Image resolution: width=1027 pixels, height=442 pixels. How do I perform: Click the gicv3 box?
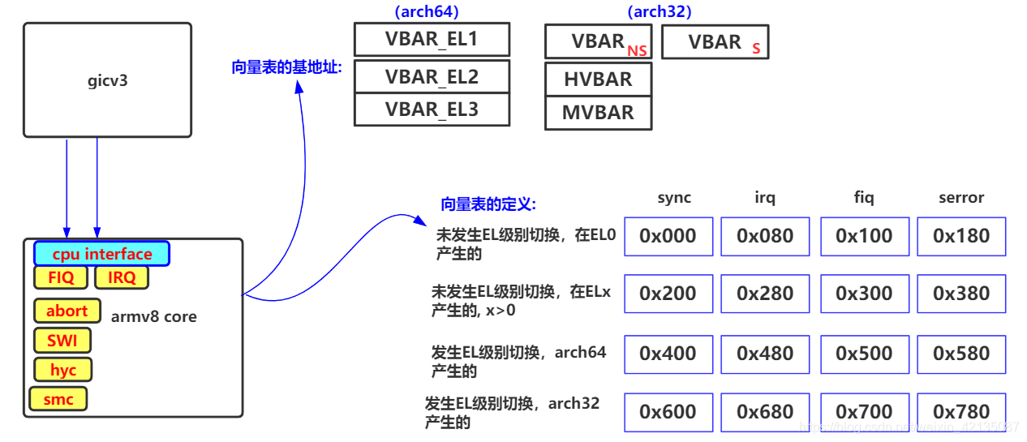(107, 79)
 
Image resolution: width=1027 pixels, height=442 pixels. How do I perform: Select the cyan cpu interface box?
(101, 254)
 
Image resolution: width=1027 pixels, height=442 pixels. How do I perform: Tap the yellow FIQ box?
(61, 277)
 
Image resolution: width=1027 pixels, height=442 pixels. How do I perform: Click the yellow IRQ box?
(122, 277)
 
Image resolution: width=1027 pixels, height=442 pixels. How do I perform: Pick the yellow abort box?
(67, 311)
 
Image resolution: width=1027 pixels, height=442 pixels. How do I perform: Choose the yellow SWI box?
(62, 340)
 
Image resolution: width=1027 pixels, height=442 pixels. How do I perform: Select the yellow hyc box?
(62, 370)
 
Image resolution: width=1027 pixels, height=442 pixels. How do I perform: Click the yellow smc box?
(58, 399)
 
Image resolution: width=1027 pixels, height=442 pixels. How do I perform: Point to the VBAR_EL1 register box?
(432, 40)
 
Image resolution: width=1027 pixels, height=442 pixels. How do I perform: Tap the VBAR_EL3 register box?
(432, 109)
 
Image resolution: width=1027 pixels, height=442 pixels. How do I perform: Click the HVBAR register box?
(598, 79)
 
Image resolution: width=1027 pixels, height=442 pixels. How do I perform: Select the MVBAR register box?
(598, 113)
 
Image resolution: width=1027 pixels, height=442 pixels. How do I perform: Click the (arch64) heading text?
(426, 11)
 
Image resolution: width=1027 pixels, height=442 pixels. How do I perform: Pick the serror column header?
(961, 197)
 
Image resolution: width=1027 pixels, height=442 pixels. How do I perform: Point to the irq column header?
(764, 197)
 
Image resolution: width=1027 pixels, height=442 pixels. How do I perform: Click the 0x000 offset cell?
(668, 236)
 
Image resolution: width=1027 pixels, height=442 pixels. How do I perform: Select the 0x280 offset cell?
(765, 294)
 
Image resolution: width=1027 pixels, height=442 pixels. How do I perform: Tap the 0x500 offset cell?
(864, 354)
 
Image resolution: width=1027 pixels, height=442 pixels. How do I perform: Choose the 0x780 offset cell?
(961, 412)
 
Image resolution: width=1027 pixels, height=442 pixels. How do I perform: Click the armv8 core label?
(153, 316)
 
